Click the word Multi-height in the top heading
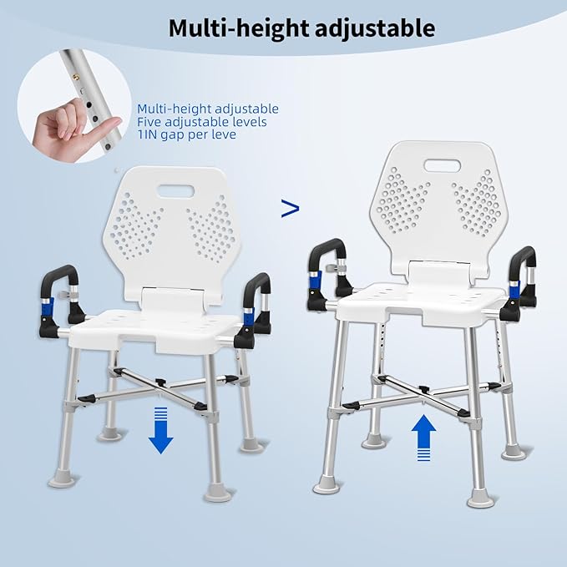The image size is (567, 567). tap(235, 28)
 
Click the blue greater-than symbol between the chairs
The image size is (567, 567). tap(290, 209)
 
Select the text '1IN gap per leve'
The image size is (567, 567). tap(187, 134)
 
